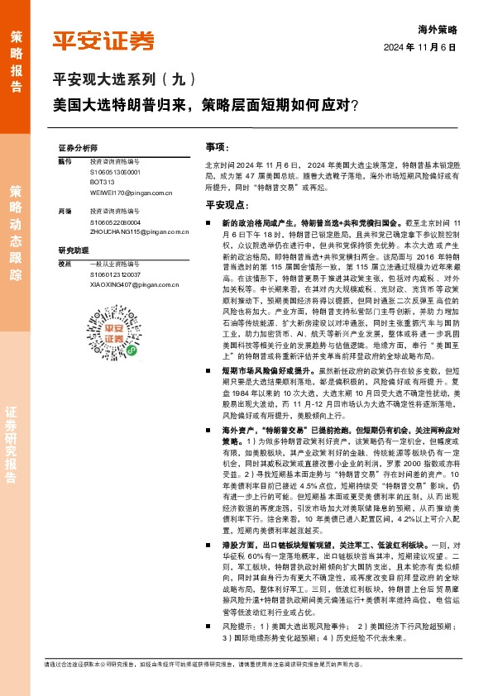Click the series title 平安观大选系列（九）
pos(125,80)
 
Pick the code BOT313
pos(103,182)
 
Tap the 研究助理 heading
pos(73,250)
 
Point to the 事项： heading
pos(218,145)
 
